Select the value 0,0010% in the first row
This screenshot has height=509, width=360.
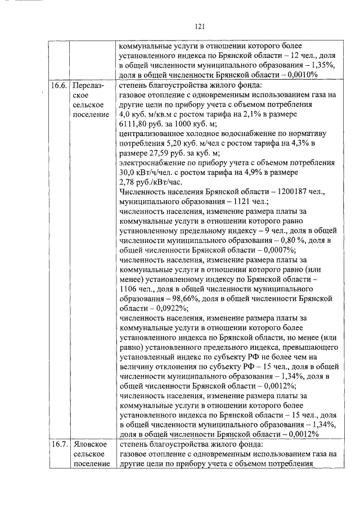click(300, 75)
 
